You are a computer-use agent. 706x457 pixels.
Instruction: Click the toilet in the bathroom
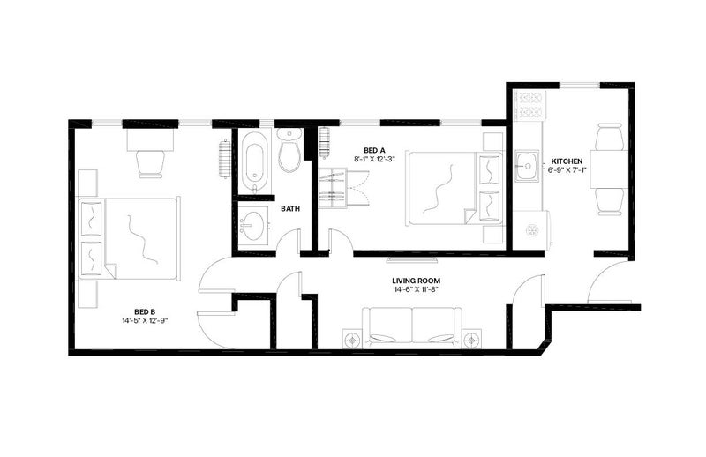coord(289,149)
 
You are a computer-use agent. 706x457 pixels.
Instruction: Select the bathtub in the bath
coord(254,161)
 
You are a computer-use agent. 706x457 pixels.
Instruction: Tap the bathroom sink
coord(253,225)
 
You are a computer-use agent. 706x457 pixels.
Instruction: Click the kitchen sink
coord(527,166)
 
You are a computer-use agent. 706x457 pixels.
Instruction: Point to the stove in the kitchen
coord(530,105)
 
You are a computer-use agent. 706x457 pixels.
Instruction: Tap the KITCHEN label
coord(567,161)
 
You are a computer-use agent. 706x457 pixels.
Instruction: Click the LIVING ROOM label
coord(416,281)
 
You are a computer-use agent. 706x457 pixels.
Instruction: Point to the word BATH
coord(290,209)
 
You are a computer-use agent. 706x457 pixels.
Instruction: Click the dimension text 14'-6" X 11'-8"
coord(415,289)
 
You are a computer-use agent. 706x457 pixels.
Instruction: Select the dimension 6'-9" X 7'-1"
coord(567,169)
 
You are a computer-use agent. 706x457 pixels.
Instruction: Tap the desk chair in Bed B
coord(150,163)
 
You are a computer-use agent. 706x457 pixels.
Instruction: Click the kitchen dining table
coord(608,169)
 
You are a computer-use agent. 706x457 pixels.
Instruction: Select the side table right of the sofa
coord(471,339)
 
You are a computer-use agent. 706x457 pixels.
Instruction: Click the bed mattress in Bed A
coord(454,188)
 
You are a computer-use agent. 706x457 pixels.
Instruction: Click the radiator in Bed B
coord(224,159)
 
